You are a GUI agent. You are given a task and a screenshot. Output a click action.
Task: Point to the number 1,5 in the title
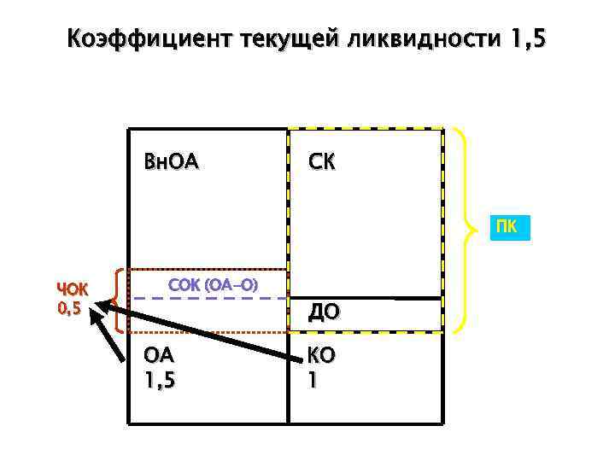(525, 39)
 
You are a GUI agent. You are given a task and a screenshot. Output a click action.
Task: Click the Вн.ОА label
(171, 160)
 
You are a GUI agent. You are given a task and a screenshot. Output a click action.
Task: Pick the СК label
(322, 160)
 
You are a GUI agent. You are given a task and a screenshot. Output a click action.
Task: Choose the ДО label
(324, 313)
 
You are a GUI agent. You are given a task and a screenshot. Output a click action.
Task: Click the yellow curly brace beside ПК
(463, 229)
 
